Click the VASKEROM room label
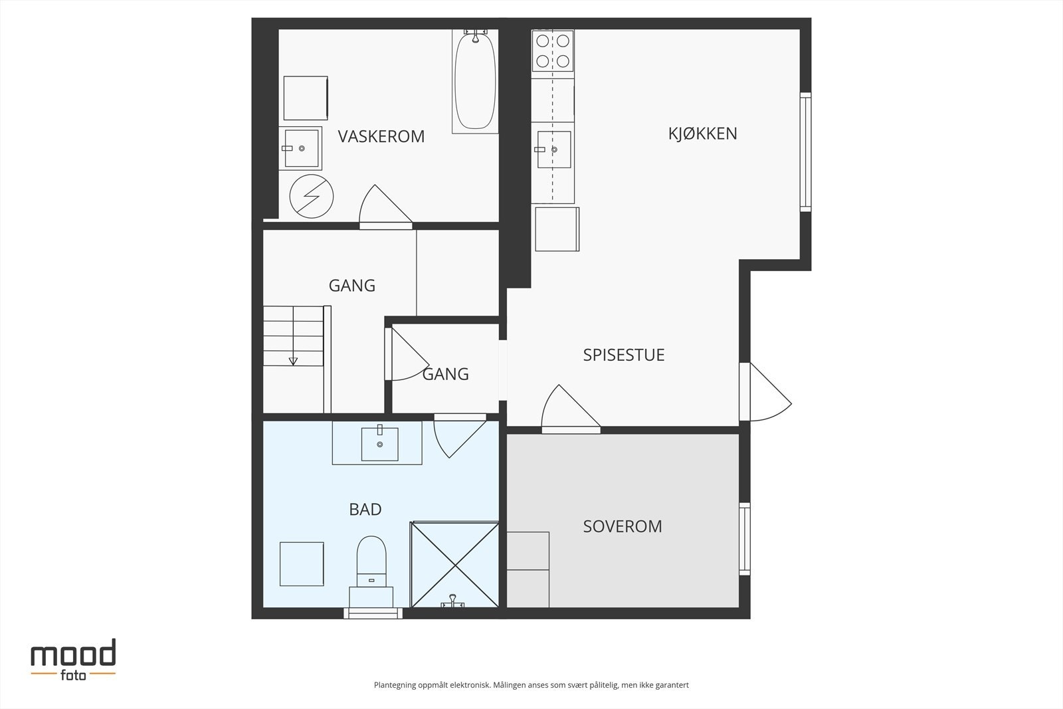(381, 137)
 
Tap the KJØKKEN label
(702, 134)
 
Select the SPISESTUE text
(624, 355)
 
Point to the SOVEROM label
(622, 526)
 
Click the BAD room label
(365, 509)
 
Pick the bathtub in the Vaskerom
(475, 81)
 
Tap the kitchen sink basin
(554, 150)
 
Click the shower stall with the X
(454, 565)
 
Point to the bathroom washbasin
(379, 444)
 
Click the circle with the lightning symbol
(312, 197)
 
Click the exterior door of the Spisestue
(765, 392)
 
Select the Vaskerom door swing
(385, 205)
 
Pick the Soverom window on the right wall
(745, 539)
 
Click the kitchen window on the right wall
(805, 152)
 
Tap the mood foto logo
(73, 660)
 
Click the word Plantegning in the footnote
(395, 685)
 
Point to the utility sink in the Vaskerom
(301, 148)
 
